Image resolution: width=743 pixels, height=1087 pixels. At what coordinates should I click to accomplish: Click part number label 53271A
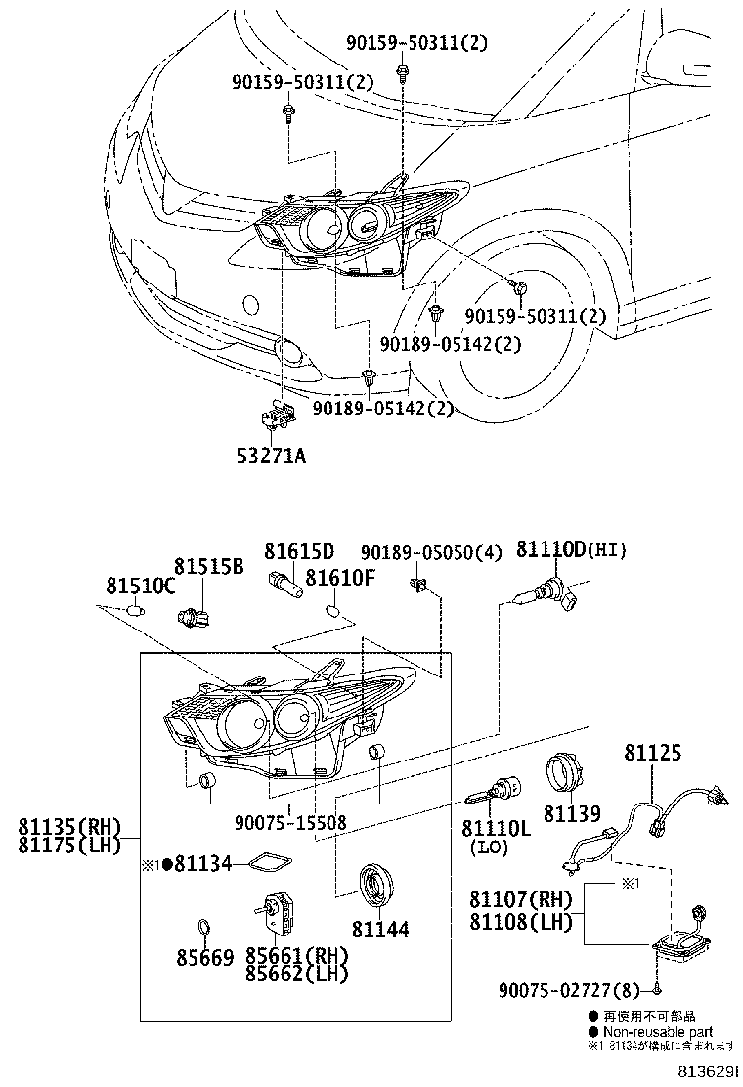[273, 455]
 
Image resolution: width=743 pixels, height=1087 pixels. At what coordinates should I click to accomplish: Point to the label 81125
[652, 754]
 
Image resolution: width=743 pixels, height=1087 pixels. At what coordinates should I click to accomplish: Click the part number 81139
[564, 813]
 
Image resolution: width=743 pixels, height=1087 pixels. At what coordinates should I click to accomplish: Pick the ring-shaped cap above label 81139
[564, 771]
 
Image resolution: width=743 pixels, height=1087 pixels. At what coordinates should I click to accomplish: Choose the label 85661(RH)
[296, 955]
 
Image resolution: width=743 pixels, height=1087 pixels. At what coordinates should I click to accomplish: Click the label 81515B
[208, 566]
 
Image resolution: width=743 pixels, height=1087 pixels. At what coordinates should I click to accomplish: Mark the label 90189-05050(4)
[431, 553]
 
